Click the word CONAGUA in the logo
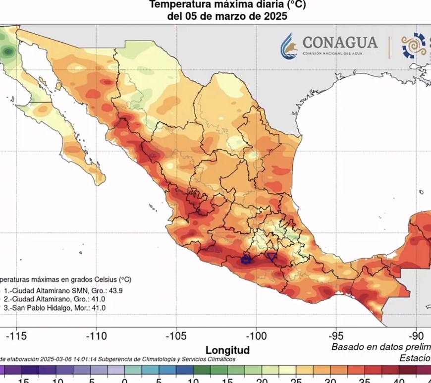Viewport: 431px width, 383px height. tap(339, 42)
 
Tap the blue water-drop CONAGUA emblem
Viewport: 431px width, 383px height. tap(289, 46)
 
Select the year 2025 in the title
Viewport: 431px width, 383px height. tap(276, 16)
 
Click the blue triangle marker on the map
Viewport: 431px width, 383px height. tap(271, 256)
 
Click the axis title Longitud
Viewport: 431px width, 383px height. tap(227, 350)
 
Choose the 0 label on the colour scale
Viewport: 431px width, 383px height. tap(125, 380)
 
